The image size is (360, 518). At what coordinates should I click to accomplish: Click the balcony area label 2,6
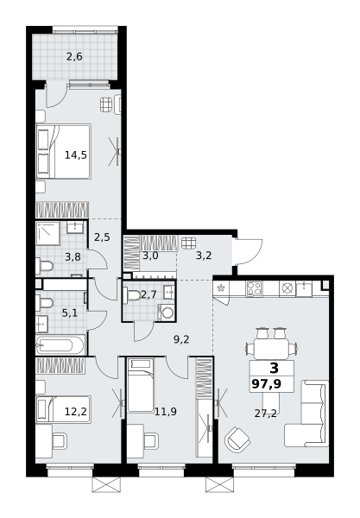click(x=74, y=57)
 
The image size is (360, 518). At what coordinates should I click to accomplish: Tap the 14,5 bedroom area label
click(x=76, y=155)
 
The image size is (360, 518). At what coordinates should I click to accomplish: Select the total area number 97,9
click(x=267, y=384)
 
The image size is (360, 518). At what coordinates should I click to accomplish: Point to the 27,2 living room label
click(x=266, y=413)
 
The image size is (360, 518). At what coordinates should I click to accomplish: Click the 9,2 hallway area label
click(x=181, y=339)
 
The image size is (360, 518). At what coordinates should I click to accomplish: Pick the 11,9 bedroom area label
click(x=166, y=411)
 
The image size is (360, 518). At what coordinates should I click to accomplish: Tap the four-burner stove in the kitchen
click(x=254, y=288)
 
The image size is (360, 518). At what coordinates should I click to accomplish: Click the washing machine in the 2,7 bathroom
click(x=166, y=313)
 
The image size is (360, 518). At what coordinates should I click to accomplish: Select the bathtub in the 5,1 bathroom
click(x=60, y=345)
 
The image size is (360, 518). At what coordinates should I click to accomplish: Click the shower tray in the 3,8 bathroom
click(x=47, y=233)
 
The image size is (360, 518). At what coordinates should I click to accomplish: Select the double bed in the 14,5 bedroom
click(x=63, y=152)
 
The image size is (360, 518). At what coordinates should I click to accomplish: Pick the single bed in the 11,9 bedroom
click(x=141, y=386)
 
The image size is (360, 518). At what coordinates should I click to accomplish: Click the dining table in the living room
click(x=271, y=348)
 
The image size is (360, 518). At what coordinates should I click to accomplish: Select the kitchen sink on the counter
click(x=304, y=288)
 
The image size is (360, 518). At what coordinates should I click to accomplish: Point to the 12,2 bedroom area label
click(x=76, y=412)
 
